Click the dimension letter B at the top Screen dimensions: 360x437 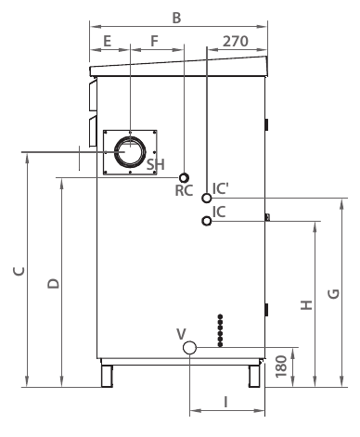click(176, 18)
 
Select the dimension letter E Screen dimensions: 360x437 click(107, 41)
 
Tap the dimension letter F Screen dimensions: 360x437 click(154, 41)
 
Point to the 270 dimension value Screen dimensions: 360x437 click(236, 41)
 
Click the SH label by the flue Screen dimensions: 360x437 click(155, 164)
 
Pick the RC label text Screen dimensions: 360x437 click(184, 190)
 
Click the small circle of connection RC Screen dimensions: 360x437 click(184, 178)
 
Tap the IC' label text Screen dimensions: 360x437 click(221, 188)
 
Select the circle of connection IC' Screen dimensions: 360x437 click(207, 198)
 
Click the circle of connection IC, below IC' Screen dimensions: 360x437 click(207, 221)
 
